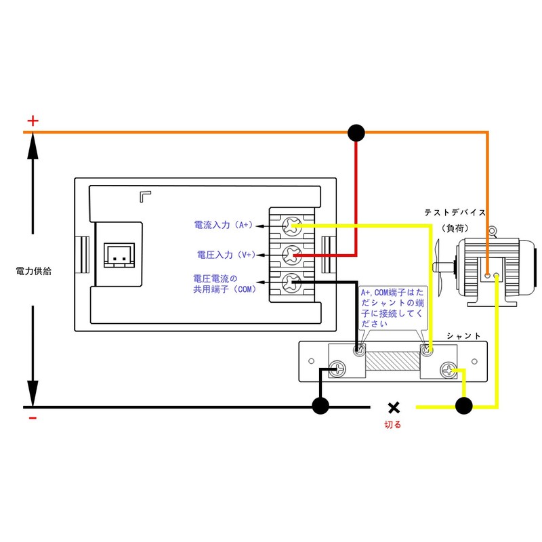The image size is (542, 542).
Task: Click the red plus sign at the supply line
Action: pos(33,121)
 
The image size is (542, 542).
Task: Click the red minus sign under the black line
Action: pos(33,418)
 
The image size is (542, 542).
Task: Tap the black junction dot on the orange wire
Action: pos(356,132)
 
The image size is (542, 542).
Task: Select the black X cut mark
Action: pos(394,407)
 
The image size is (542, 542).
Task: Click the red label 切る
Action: pos(393,425)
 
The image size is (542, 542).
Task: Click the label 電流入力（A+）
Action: pos(223,224)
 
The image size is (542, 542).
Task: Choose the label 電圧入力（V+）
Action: pos(226,255)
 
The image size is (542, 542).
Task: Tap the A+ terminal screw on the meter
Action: pos(293,225)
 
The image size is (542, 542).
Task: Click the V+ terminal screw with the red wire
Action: pos(293,255)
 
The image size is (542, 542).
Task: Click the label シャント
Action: pos(463,336)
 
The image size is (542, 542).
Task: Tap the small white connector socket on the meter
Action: pos(117,256)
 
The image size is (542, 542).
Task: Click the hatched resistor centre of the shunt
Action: pos(393,360)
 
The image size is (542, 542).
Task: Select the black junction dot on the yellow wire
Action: pos(463,406)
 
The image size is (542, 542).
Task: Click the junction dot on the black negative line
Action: pos(320,406)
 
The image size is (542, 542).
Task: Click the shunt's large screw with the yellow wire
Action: pos(449,370)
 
